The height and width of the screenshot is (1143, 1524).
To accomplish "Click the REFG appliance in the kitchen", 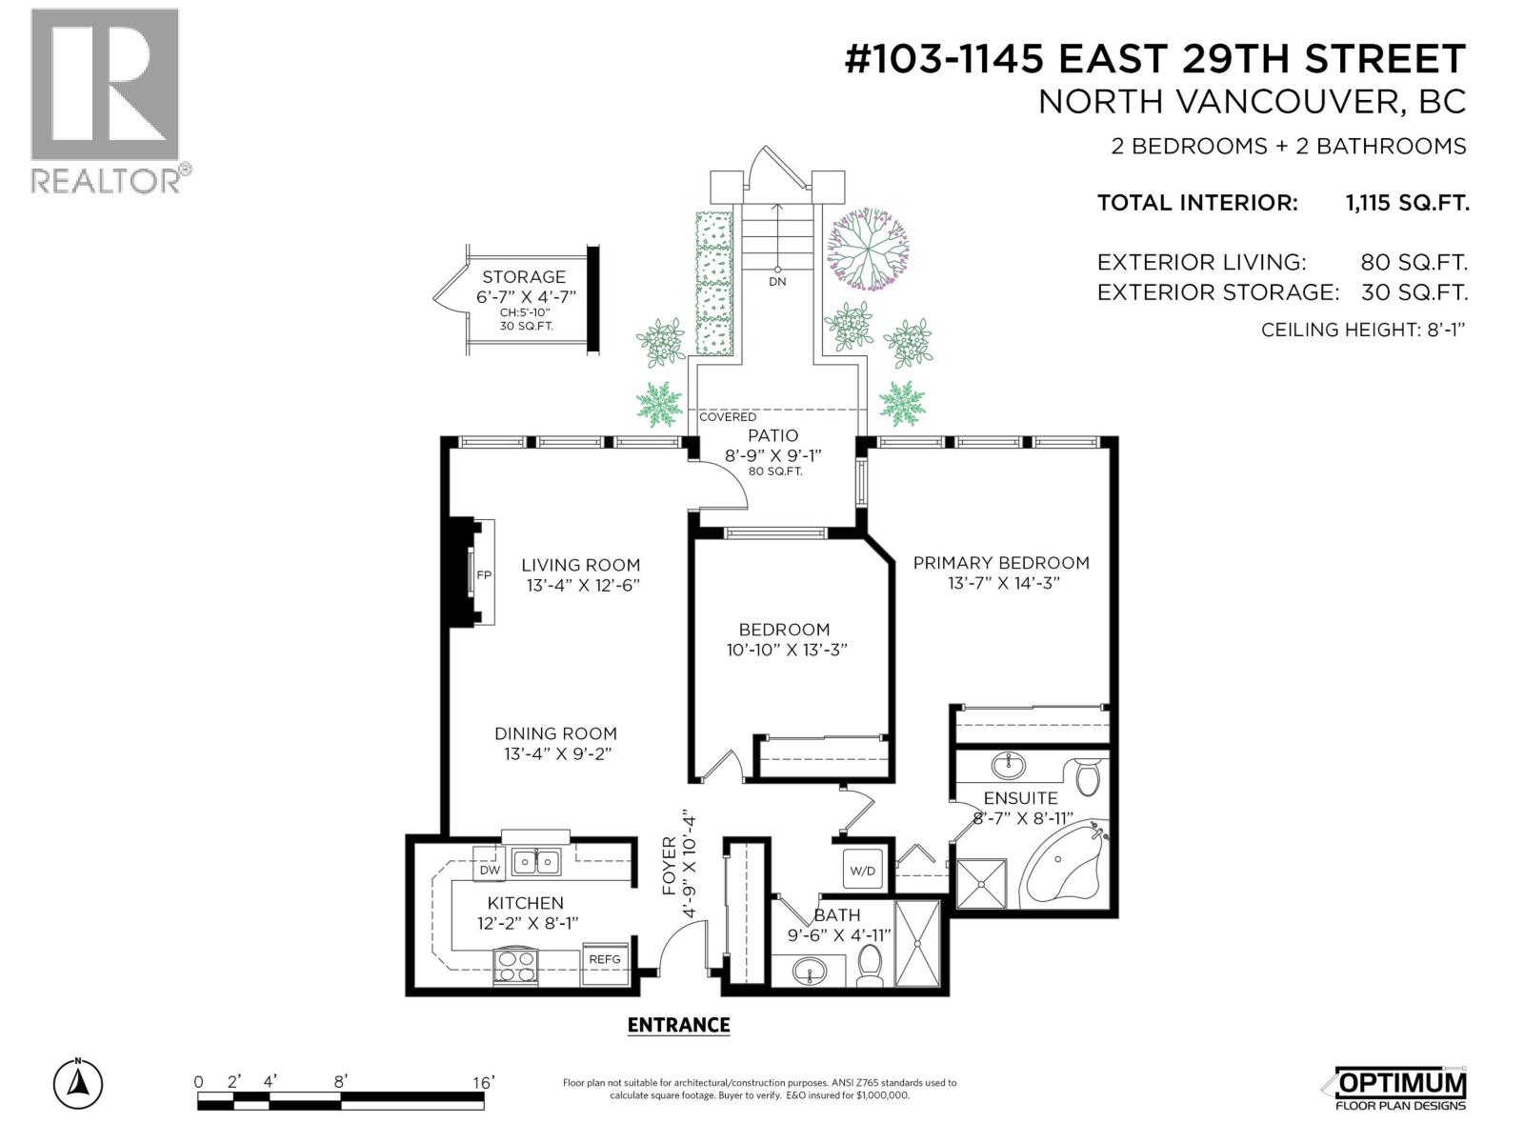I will coord(605,960).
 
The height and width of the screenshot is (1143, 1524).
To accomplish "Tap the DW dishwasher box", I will coord(490,871).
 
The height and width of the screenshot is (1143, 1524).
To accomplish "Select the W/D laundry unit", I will coord(863,871).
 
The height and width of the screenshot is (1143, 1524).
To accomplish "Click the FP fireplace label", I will coord(483,575).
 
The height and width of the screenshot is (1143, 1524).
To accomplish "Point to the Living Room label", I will coord(580,565).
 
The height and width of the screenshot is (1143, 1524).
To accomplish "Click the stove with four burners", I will coord(515,967).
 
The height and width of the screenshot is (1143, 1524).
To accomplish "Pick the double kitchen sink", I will coord(536,862).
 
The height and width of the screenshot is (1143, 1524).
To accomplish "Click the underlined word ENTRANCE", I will coord(678,1026).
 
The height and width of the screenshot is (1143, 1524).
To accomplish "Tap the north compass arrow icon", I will coord(79,1084).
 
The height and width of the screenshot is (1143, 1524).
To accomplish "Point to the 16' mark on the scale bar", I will coord(483,1083).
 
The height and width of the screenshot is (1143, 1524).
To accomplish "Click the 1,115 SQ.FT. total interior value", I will coord(1406,203).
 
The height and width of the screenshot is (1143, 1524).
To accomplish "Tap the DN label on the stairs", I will coord(777,282).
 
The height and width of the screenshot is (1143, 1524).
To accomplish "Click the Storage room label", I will coord(523,277).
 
